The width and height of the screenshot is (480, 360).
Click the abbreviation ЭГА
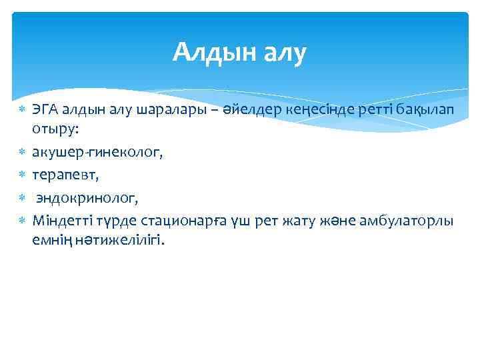tap(44, 111)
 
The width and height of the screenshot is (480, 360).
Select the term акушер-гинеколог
tap(97, 153)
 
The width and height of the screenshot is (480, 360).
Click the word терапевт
tap(65, 175)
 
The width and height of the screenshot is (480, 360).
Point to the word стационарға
tap(173, 221)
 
